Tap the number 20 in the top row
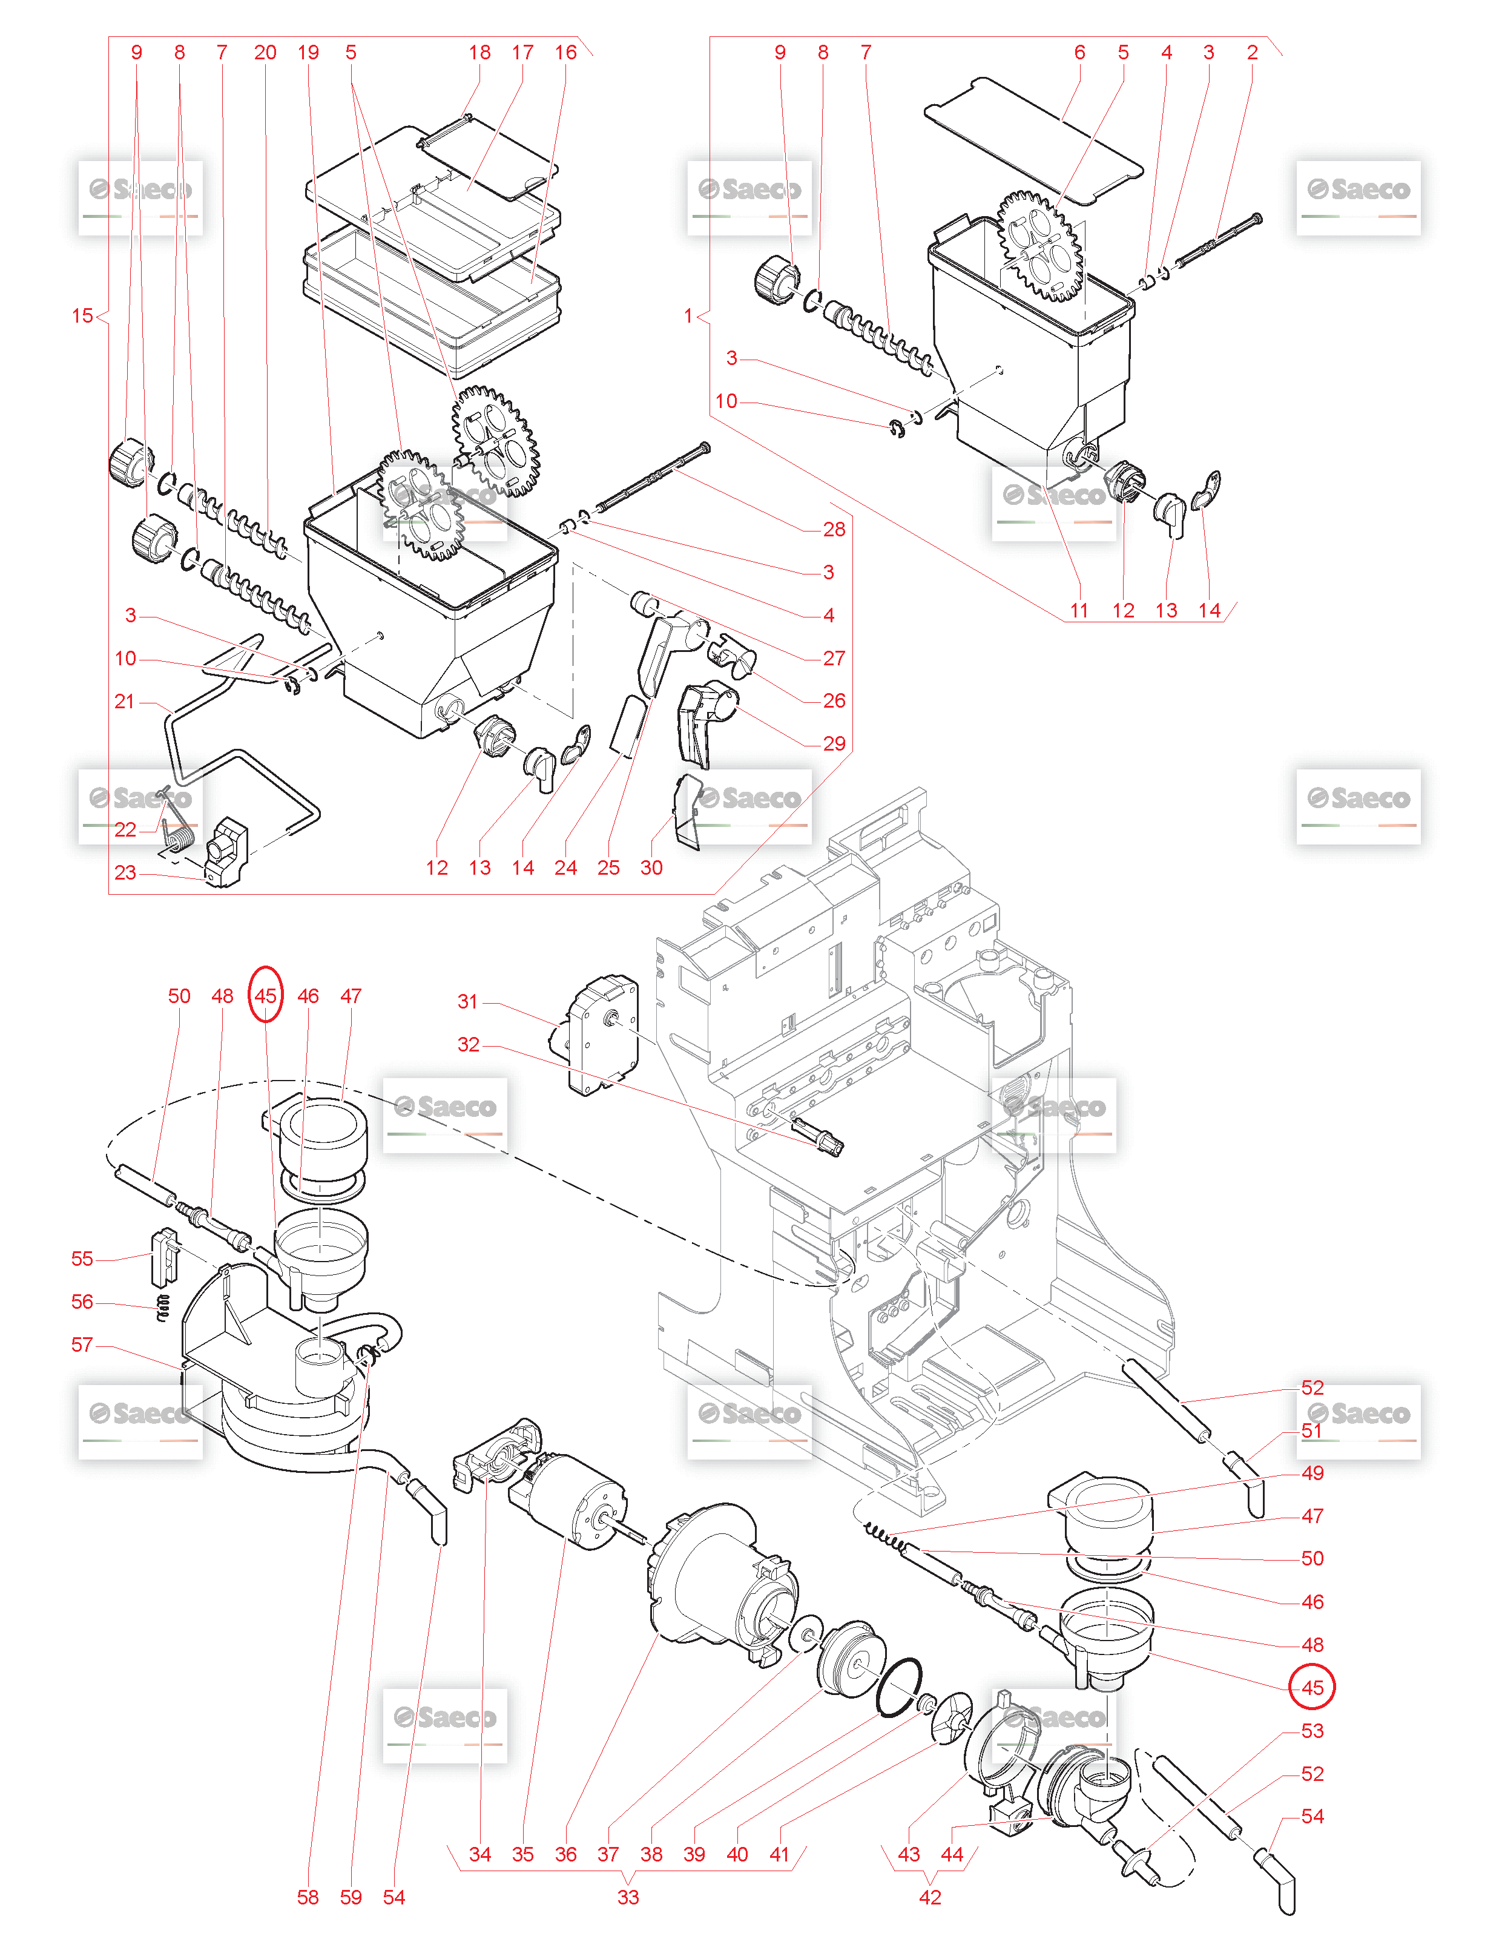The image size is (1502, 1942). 265,53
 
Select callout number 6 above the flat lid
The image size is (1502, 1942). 1079,53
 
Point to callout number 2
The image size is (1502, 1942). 1252,53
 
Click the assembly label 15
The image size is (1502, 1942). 82,315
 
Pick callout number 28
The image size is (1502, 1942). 833,530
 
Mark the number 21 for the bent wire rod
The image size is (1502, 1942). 125,702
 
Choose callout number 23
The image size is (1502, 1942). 125,873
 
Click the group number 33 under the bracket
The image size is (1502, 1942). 628,1897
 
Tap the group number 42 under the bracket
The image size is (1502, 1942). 929,1897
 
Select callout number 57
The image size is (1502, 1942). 82,1345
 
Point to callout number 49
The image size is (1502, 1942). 1312,1473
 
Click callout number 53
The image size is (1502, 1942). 1312,1730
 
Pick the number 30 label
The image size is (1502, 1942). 651,868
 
